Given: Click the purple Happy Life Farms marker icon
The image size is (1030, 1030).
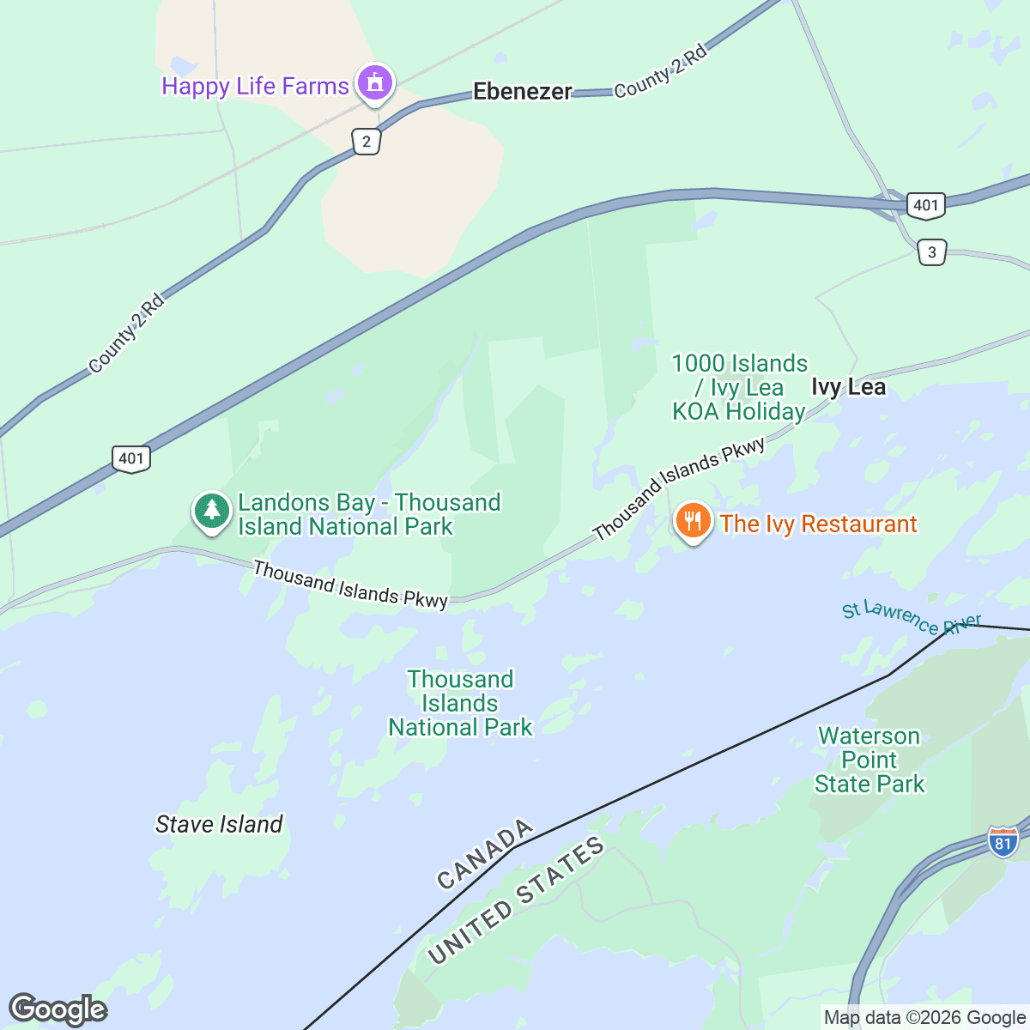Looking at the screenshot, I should click(x=374, y=83).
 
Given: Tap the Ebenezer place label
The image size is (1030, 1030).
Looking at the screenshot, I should click(x=522, y=91).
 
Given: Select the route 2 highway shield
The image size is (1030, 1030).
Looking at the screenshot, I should click(x=367, y=142).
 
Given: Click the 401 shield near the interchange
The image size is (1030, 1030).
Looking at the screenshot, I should click(x=925, y=205).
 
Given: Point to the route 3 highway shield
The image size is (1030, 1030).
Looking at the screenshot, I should click(x=932, y=252).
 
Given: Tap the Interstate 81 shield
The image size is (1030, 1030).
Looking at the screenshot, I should click(x=1003, y=842).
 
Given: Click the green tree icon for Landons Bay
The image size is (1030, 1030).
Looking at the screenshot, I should click(x=211, y=512).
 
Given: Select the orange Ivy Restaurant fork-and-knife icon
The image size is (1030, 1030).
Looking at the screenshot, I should click(x=693, y=521).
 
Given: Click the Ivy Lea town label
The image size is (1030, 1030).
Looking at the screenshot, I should click(x=848, y=387).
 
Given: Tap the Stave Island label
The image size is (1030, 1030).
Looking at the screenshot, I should click(x=219, y=824).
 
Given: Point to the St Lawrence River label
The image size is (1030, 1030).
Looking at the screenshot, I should click(x=911, y=616).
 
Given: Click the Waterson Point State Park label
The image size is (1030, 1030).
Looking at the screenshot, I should click(x=869, y=760).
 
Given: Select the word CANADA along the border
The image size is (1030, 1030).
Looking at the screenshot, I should click(x=485, y=855).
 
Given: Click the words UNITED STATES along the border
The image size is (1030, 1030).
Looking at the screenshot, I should click(x=516, y=901).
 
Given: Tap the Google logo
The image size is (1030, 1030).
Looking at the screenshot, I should click(x=58, y=1009).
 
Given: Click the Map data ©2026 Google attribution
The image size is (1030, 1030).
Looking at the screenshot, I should click(x=924, y=1018).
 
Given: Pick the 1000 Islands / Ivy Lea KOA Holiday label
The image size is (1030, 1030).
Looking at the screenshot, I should click(x=739, y=387).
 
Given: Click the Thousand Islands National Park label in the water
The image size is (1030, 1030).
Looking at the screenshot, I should click(x=460, y=703).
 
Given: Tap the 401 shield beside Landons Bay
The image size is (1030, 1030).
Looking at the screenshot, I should click(x=131, y=458).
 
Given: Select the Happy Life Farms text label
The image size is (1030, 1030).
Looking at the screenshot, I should click(x=255, y=86).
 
